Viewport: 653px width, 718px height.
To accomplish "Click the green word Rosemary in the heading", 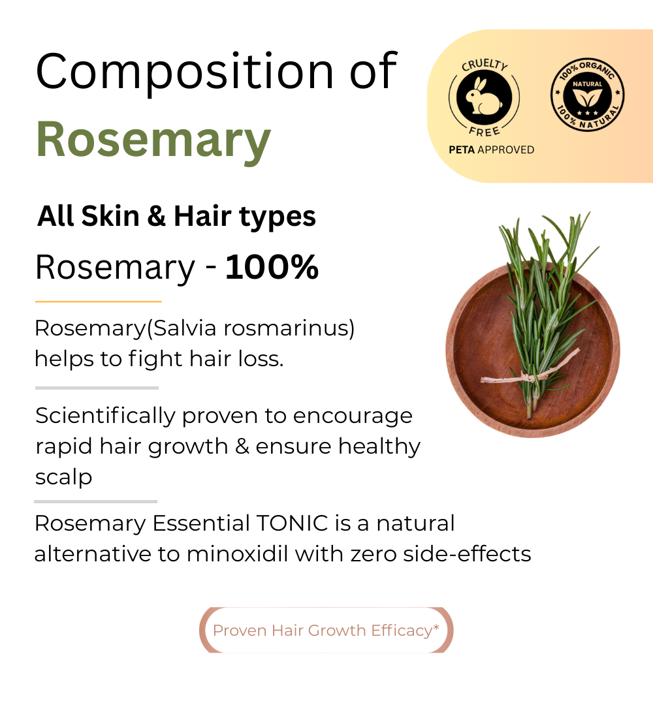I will [x=153, y=138].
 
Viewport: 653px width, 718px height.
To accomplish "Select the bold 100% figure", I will [x=272, y=267].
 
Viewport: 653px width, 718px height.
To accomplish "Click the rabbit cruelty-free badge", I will [x=484, y=97].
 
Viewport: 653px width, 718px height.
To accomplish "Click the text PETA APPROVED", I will [x=491, y=150].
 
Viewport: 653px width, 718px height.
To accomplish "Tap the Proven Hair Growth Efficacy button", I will [x=326, y=631].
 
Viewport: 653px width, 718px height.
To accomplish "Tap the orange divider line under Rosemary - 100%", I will [x=98, y=302].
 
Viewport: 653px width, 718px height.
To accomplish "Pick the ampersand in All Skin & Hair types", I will [x=156, y=217].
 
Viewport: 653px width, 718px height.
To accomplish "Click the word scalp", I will [x=63, y=477].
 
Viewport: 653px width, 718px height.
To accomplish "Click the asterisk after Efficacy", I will [x=436, y=627].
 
